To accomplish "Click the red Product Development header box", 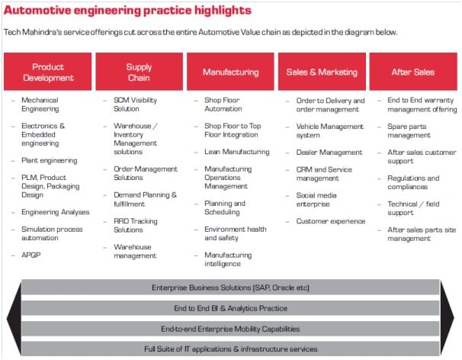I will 48,72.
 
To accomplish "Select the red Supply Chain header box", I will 139,72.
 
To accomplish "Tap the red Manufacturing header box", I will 230,72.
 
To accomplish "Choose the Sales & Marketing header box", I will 322,72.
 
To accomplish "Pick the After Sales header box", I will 412,72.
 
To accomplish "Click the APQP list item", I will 32,255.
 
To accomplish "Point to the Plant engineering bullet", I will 50,160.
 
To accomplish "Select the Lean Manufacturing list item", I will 236,152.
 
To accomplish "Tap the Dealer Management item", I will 329,152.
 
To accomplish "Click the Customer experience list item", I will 331,221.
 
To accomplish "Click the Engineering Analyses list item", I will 56,212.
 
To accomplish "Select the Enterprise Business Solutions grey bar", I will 230,288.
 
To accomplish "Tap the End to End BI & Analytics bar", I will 230,308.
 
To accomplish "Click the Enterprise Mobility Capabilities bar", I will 230,329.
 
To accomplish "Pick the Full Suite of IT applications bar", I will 230,349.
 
